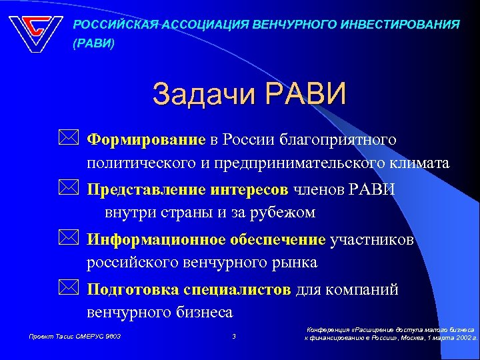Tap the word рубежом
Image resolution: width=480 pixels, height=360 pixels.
pos(275,213)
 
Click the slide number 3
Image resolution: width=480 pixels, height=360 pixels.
pos(234,336)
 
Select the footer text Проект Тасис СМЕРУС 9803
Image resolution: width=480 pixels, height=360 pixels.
pos(74,336)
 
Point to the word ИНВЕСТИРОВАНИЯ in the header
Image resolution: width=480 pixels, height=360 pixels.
pos(403,25)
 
